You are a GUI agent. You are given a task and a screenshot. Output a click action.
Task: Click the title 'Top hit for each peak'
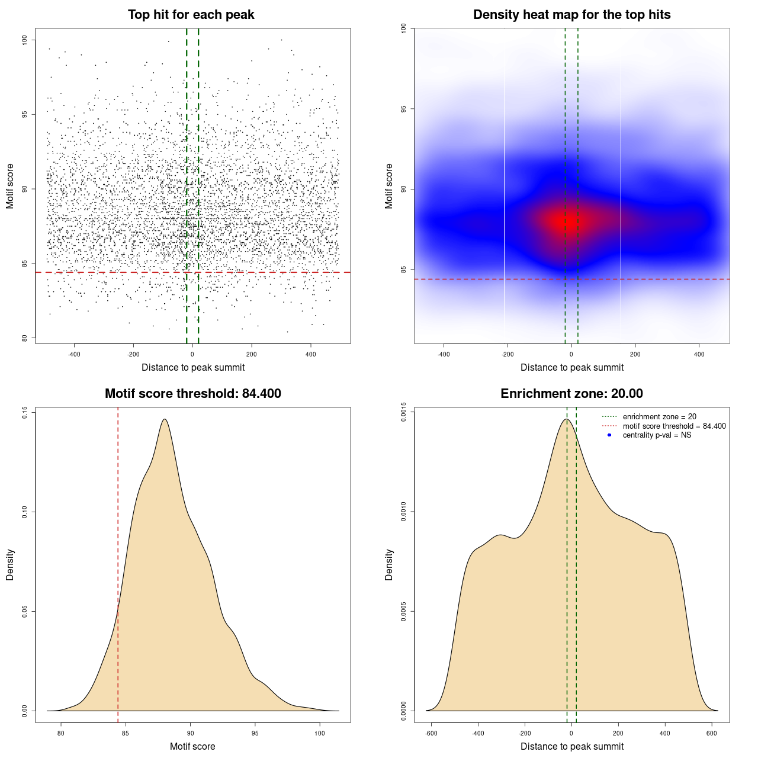tap(191, 15)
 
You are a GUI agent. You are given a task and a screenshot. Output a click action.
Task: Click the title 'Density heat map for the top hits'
tap(571, 15)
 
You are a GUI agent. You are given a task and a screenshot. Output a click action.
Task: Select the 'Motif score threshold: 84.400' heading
tap(192, 394)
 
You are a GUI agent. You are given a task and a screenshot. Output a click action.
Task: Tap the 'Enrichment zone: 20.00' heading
tap(571, 394)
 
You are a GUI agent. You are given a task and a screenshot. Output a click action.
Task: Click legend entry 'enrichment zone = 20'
tap(659, 417)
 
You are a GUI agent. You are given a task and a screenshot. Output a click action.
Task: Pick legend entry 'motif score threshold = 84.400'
tap(674, 426)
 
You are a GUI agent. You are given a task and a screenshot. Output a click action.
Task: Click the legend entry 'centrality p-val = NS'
tap(657, 435)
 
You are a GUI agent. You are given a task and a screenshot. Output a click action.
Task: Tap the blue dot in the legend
tap(609, 435)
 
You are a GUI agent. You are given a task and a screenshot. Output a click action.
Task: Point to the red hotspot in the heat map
tap(561, 221)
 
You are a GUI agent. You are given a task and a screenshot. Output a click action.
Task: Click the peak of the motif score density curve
tap(165, 419)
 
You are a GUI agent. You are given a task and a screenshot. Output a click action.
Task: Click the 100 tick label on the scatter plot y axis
tap(25, 40)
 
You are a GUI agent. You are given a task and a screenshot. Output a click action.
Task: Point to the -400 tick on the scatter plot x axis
tap(74, 354)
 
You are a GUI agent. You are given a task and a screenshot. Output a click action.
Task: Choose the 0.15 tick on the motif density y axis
tap(25, 412)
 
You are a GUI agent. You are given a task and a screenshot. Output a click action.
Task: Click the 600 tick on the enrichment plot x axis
tap(712, 733)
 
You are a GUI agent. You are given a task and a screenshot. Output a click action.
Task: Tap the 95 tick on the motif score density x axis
tap(255, 733)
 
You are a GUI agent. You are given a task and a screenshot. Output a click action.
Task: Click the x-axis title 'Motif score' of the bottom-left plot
tap(192, 746)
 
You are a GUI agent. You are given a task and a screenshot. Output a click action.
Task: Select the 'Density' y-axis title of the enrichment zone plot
tap(389, 564)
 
